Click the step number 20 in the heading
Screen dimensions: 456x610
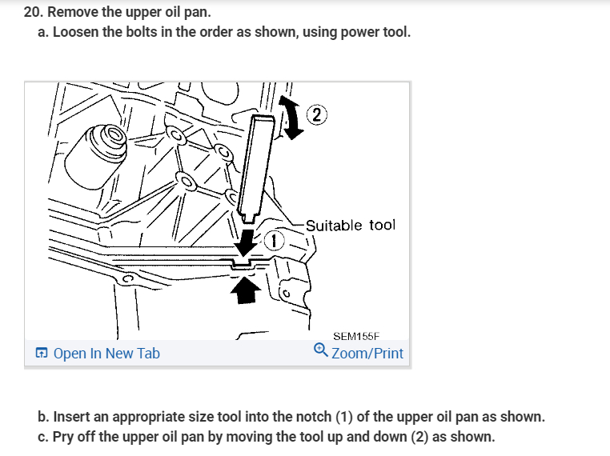pos(33,13)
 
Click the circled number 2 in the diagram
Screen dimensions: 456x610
pos(317,114)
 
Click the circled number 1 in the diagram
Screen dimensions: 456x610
pos(275,241)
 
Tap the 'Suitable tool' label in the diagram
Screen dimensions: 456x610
pos(350,225)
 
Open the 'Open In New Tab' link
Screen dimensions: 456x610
pos(106,353)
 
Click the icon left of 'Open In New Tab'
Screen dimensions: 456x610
pos(41,353)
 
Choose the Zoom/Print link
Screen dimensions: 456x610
pos(367,353)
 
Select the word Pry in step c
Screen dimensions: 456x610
pos(62,438)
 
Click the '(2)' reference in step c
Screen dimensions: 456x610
pos(419,438)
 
